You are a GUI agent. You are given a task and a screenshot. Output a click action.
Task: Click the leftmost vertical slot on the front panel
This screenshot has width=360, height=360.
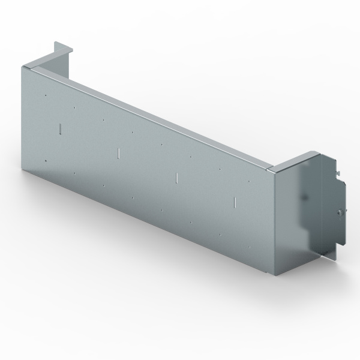pos(61,128)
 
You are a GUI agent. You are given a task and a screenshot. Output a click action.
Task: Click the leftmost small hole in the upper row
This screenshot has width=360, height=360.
pos(45,95)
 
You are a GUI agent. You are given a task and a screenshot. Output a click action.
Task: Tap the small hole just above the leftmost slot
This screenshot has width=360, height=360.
pos(74,108)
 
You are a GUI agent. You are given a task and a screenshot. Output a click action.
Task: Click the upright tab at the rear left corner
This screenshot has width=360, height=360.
pos(58,47)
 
